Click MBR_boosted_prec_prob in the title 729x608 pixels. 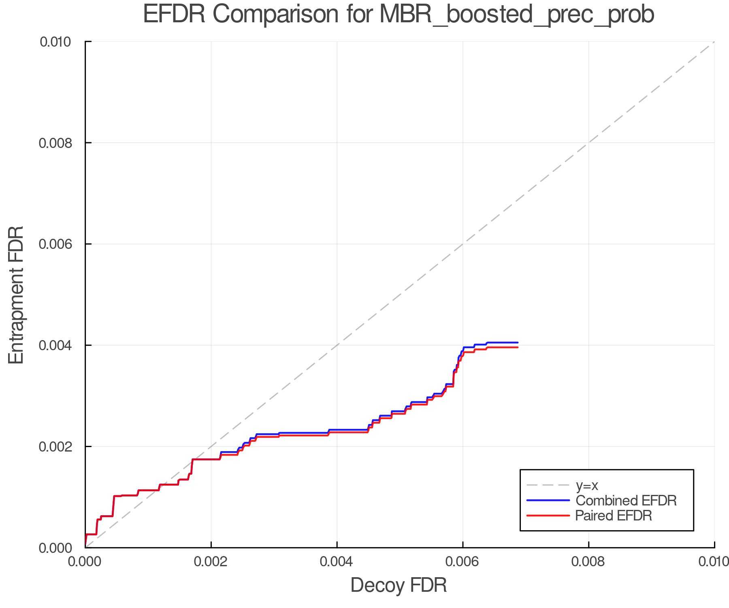pos(517,15)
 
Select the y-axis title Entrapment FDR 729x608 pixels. pos(16,295)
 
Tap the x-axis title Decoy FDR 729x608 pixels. pos(399,585)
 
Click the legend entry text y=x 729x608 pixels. pos(587,485)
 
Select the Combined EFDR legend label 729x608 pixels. pos(626,500)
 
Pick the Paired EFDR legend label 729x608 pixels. pos(614,516)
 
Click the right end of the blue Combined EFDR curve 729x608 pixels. pos(518,343)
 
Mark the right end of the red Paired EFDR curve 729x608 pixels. pos(518,347)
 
